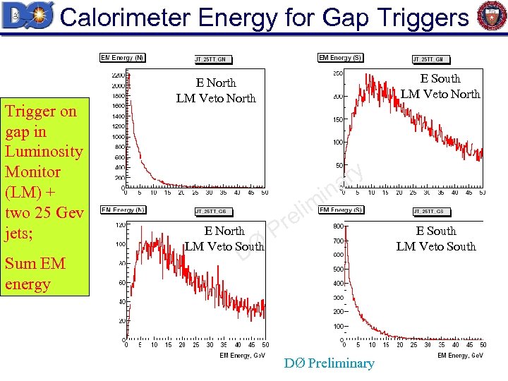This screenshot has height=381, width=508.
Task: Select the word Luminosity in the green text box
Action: click(x=44, y=151)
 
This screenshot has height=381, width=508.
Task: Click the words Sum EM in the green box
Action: click(x=35, y=264)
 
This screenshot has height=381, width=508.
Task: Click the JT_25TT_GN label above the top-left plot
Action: click(x=210, y=59)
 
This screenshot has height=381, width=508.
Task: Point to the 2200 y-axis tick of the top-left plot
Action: click(x=118, y=75)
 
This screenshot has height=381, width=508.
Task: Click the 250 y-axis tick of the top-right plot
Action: click(x=338, y=73)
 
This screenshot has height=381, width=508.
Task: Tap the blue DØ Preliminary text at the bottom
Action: click(x=329, y=363)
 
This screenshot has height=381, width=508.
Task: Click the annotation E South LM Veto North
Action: click(x=440, y=86)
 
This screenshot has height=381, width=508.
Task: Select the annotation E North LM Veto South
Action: click(x=224, y=238)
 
